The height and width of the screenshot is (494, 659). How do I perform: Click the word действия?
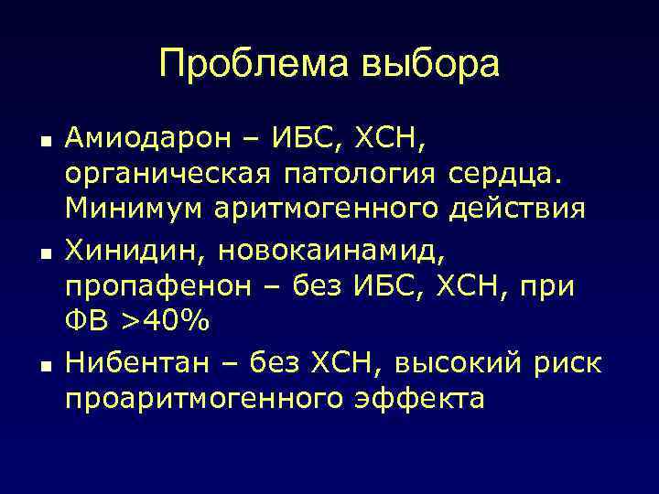tap(517, 209)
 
